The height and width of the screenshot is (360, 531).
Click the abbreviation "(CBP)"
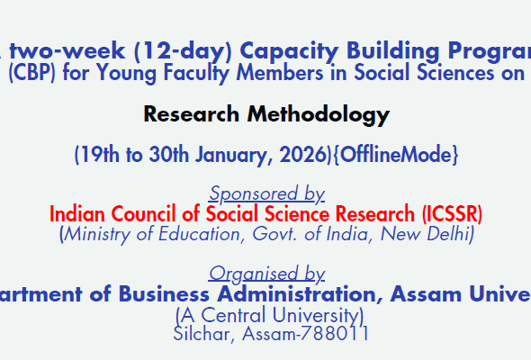tap(32, 74)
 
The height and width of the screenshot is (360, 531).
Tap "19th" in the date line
tap(101, 155)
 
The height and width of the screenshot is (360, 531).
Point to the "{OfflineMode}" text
tap(392, 155)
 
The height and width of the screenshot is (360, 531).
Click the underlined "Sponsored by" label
tap(266, 193)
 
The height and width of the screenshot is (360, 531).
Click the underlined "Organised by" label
tap(266, 274)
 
